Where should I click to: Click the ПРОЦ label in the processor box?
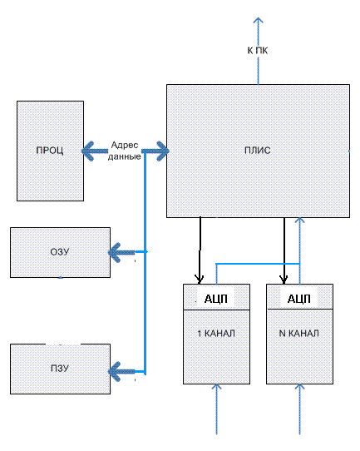pos(50,151)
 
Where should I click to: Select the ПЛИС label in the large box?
pos(258,151)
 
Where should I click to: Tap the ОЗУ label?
pos(60,252)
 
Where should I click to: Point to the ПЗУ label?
pos(60,368)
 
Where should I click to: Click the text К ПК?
pos(258,51)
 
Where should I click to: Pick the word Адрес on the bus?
pos(125,145)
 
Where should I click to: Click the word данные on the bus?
pos(125,156)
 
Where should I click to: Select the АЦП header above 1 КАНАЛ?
pos(216,299)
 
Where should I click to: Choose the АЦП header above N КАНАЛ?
pos(299,299)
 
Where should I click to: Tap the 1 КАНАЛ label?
pos(216,334)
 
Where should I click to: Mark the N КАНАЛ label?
pos(299,334)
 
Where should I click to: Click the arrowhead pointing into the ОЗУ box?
pos(114,252)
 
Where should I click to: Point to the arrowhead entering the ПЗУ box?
pos(114,372)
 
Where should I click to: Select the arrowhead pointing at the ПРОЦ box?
pos(87,151)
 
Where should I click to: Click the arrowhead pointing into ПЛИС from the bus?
pos(163,151)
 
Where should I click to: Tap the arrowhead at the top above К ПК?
pos(259,20)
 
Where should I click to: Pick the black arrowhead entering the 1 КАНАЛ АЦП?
pos(199,280)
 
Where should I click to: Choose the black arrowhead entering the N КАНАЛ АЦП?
pos(284,280)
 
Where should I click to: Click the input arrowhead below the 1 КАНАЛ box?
pos(216,387)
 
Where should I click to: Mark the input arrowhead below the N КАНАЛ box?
pos(299,387)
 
